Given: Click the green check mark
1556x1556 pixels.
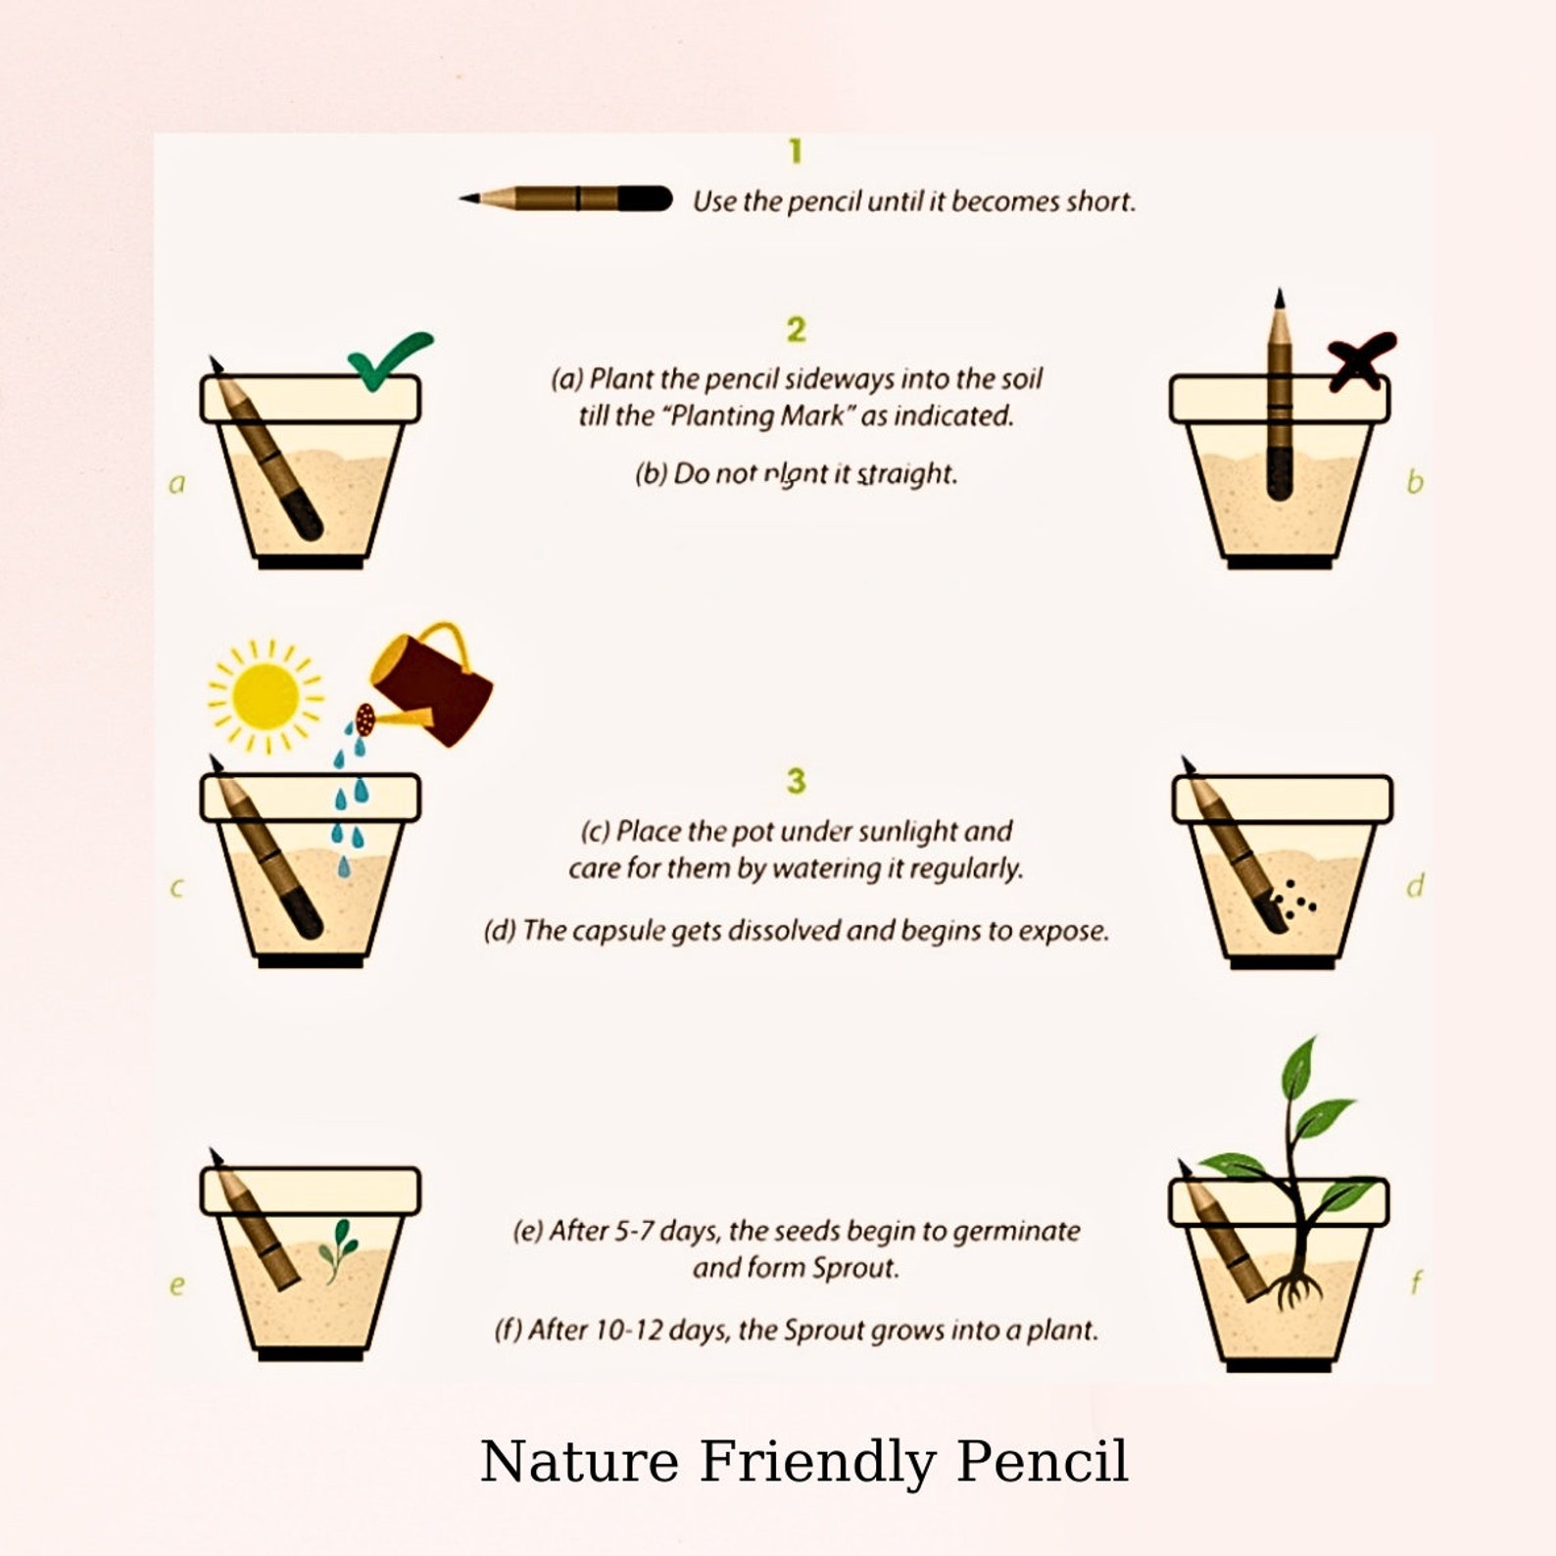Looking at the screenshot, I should click(386, 361).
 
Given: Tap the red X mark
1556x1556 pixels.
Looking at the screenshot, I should click(1360, 360).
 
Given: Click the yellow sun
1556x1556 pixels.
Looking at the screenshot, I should click(265, 696).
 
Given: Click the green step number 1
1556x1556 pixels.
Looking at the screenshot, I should click(795, 151).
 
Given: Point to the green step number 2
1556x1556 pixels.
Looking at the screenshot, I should click(796, 329).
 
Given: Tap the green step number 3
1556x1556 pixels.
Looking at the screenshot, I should click(796, 781).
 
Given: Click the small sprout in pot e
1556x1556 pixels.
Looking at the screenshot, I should click(337, 1247).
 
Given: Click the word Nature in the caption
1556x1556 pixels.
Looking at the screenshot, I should click(579, 1461).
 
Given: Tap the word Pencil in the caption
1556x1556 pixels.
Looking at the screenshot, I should click(1042, 1461).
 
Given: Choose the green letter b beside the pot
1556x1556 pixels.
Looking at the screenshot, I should click(1414, 481).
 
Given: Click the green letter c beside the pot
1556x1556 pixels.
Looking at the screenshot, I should click(176, 888).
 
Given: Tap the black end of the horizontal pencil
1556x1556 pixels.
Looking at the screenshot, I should click(646, 199).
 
